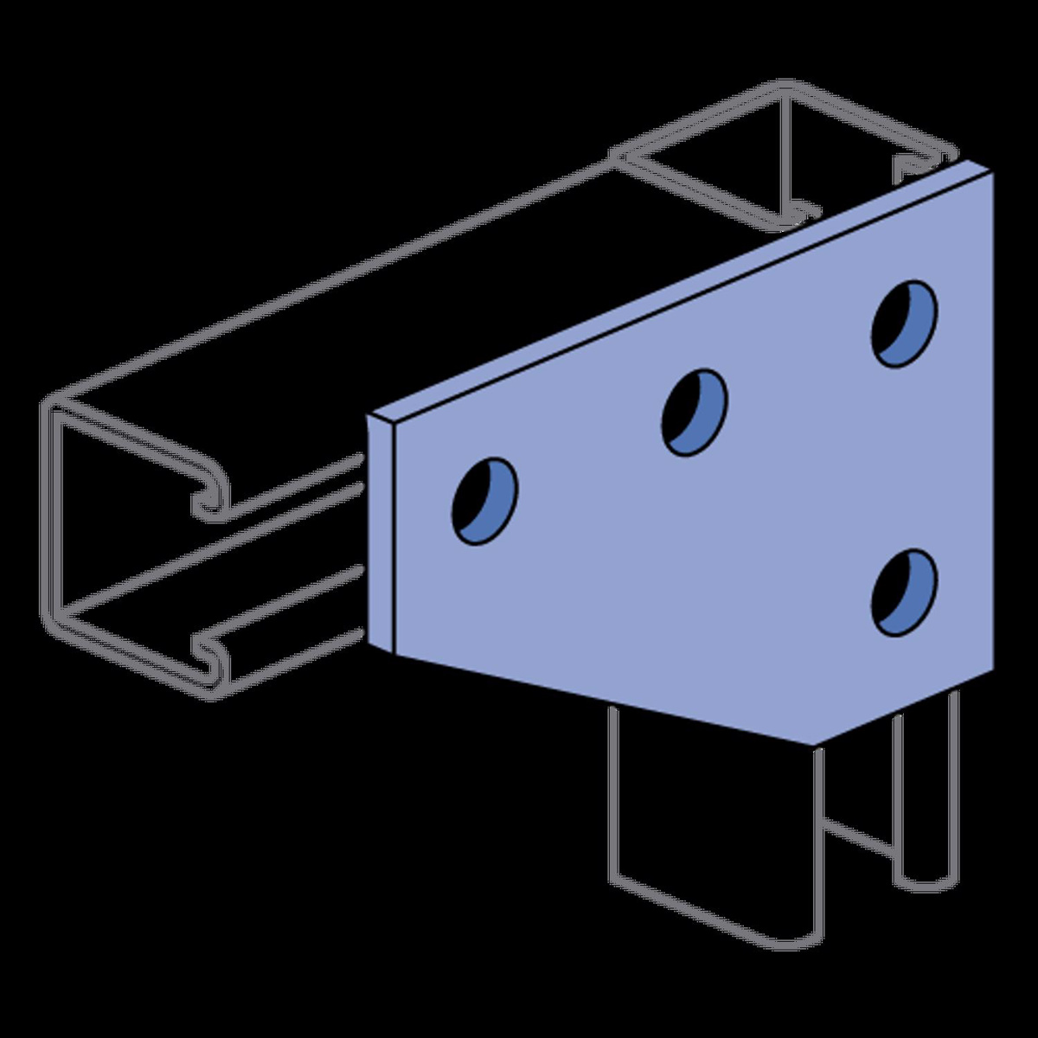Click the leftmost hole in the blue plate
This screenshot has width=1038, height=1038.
click(485, 501)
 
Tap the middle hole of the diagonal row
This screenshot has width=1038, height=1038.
click(695, 412)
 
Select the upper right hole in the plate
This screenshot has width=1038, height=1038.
click(905, 323)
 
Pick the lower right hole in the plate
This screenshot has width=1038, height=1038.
click(905, 592)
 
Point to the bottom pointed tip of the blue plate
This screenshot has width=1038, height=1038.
click(813, 743)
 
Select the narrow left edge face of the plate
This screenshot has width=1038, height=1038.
click(381, 532)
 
